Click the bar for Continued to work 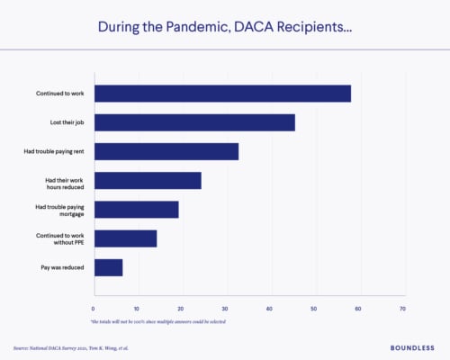[222, 94]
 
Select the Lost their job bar [194, 122]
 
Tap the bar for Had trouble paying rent [166, 151]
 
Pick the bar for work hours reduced [148, 180]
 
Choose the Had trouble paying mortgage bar [137, 209]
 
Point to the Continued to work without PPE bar [126, 238]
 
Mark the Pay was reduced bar [109, 266]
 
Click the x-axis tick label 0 [94, 309]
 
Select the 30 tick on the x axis [226, 309]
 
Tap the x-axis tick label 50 [314, 309]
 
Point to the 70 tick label [402, 309]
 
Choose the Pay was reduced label [66, 267]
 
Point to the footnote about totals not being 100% [157, 320]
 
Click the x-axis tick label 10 [138, 309]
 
